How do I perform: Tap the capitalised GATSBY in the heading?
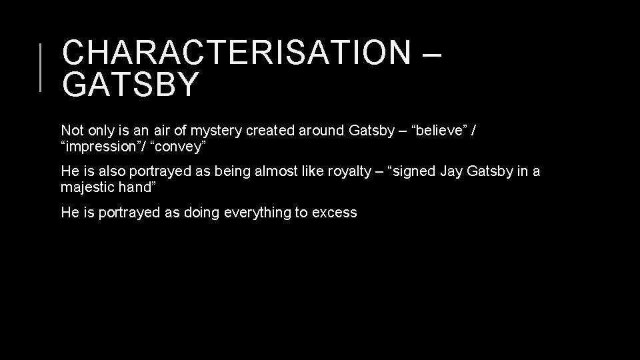(x=130, y=85)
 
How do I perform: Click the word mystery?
(x=216, y=130)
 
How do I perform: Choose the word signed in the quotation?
(x=413, y=171)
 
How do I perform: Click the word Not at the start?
(x=71, y=130)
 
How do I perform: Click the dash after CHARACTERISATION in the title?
(x=431, y=53)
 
